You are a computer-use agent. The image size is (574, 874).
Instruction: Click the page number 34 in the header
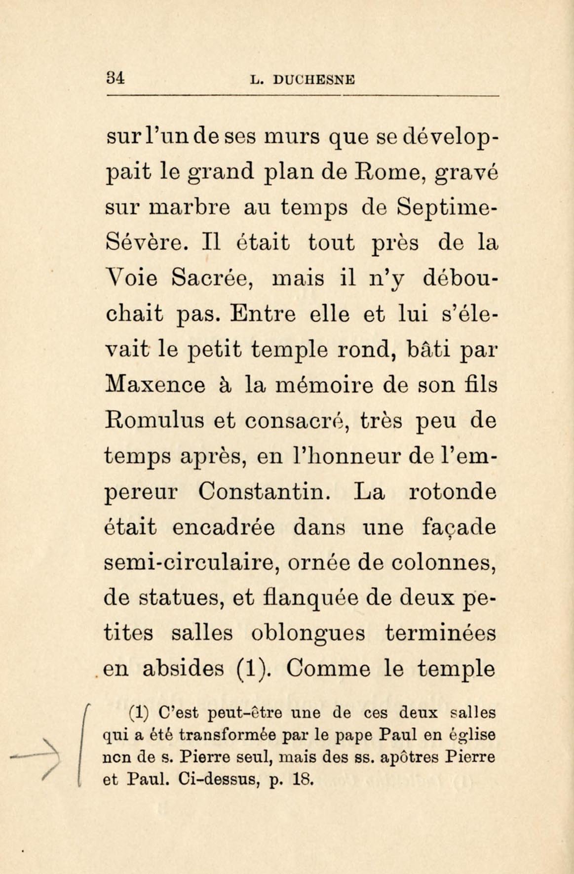[x=115, y=78]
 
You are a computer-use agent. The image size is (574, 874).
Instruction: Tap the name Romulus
[x=155, y=421]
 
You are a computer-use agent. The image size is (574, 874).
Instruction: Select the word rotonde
[x=453, y=492]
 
